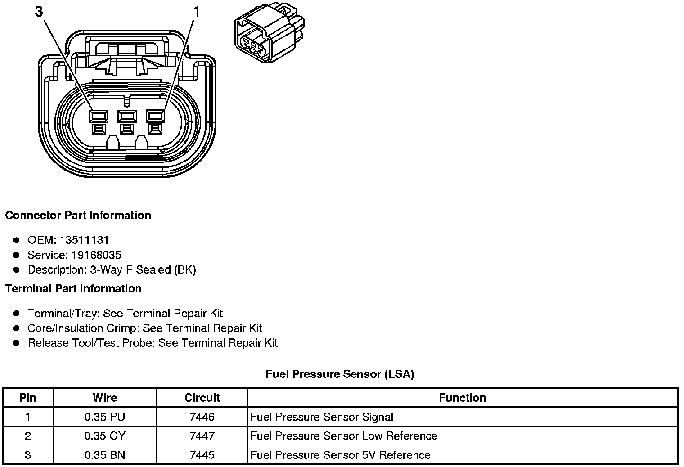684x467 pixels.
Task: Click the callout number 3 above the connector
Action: tap(39, 11)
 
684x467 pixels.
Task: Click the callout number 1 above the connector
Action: tap(196, 11)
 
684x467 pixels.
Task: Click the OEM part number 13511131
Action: tap(84, 240)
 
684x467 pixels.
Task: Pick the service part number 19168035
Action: tap(96, 255)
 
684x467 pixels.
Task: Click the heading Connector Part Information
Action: tap(78, 216)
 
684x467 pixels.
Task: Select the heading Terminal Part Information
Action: tap(73, 289)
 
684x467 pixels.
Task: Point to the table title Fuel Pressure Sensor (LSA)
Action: tap(340, 374)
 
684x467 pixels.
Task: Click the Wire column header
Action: tap(105, 398)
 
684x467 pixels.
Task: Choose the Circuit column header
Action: tap(202, 398)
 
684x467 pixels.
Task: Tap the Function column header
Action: tap(462, 398)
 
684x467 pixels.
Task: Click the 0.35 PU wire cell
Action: tap(105, 417)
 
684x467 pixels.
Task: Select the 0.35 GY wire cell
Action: tap(105, 436)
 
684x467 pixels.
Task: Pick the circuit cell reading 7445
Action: tap(202, 455)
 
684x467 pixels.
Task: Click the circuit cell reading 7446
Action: tap(202, 417)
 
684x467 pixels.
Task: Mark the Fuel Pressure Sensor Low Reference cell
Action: tap(344, 436)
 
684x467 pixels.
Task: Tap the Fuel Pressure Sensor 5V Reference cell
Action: tap(340, 455)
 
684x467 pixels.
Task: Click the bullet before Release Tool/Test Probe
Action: tap(17, 343)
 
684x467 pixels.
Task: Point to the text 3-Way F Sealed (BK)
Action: tap(143, 270)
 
